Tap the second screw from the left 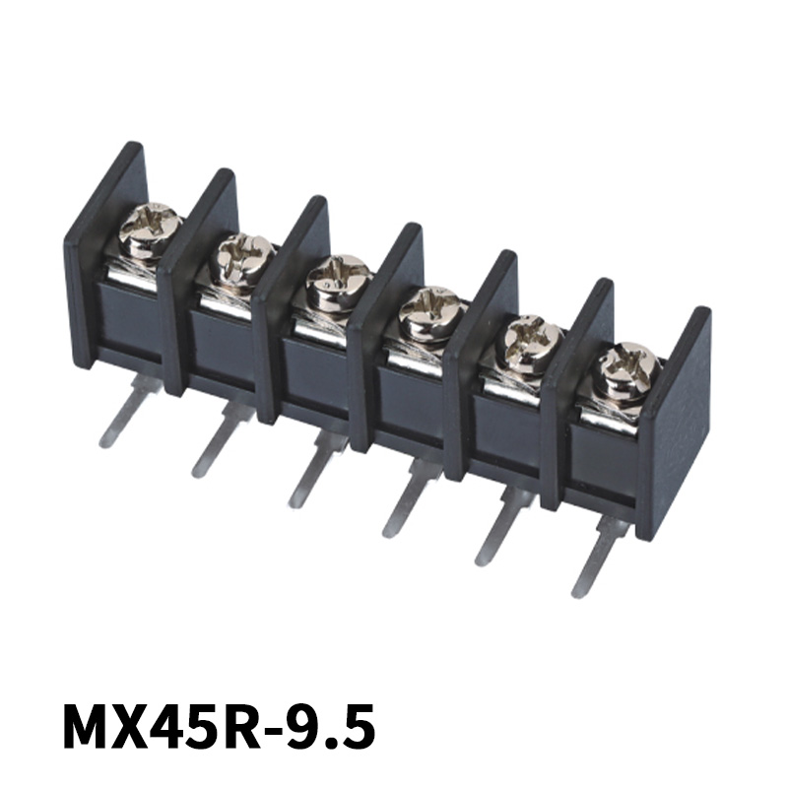(242, 256)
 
